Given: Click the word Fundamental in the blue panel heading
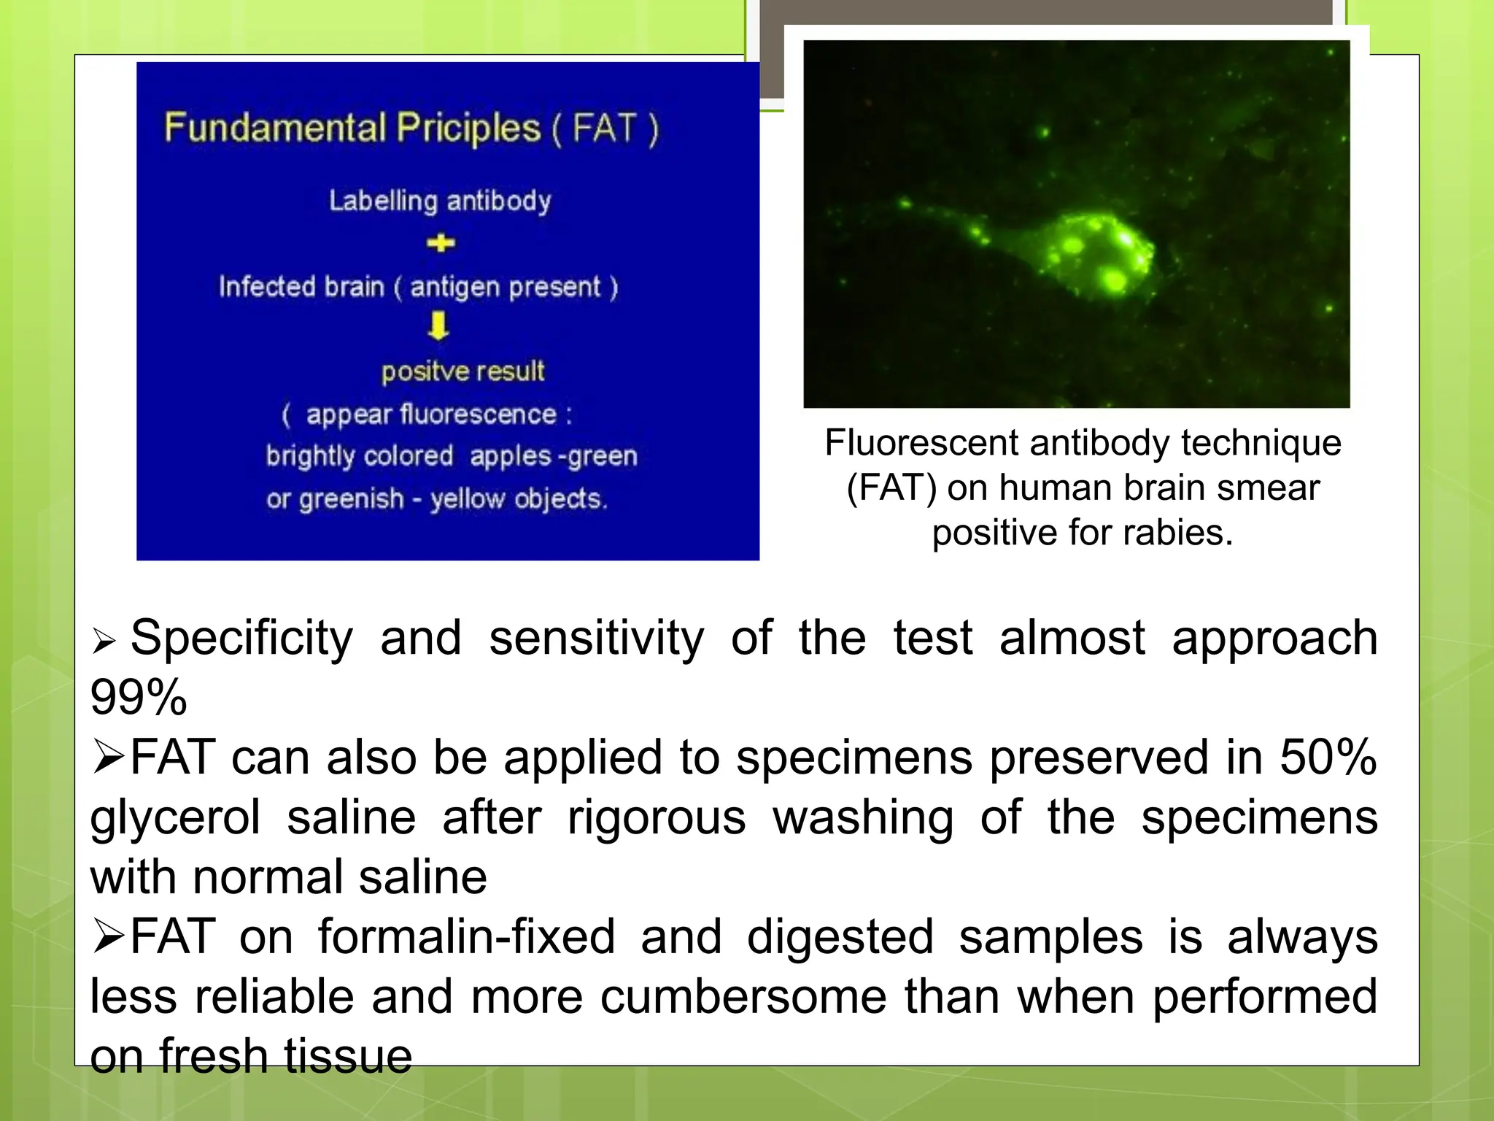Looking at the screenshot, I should pyautogui.click(x=275, y=128).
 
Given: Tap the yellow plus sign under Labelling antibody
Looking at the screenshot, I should pyautogui.click(x=441, y=243).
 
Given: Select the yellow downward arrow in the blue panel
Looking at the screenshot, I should pyautogui.click(x=438, y=325).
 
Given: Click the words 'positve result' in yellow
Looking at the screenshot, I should pyautogui.click(x=462, y=371).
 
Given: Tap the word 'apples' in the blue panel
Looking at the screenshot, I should pyautogui.click(x=510, y=457).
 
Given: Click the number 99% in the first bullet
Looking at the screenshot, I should pyautogui.click(x=139, y=698).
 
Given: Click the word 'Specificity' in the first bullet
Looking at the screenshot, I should pyautogui.click(x=241, y=639).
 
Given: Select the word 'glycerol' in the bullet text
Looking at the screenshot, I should pyautogui.click(x=175, y=817).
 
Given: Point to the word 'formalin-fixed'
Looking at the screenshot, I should pyautogui.click(x=466, y=937).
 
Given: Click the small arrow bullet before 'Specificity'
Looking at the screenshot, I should pyautogui.click(x=104, y=642).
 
